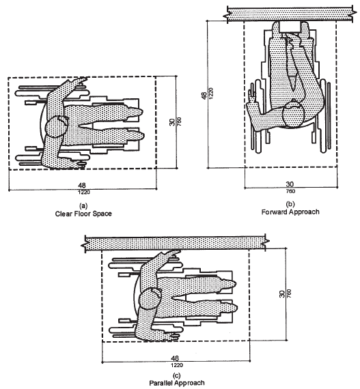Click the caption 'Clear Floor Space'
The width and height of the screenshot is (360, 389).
point(83,214)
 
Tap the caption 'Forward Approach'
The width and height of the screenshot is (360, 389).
point(290,212)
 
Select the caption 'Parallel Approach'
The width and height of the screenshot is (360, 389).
point(177,383)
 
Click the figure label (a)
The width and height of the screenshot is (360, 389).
point(83,206)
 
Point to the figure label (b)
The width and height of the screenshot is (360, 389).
point(290,204)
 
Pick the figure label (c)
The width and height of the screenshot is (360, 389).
point(177,375)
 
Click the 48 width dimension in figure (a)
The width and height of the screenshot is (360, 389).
point(82,186)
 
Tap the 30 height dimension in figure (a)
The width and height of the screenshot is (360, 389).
point(172,122)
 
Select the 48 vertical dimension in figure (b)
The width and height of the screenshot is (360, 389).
point(204,96)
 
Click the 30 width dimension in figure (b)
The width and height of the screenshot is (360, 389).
point(290,184)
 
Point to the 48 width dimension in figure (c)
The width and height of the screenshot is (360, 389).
point(175,358)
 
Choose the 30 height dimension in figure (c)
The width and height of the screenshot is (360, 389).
point(282,293)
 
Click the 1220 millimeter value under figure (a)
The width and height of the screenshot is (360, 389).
point(83,192)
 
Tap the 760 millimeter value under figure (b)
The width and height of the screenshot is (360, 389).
point(290,191)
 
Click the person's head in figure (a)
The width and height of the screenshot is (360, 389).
point(57,126)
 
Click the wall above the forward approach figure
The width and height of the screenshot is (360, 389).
point(290,14)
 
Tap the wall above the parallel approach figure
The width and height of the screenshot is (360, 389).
point(176,242)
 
